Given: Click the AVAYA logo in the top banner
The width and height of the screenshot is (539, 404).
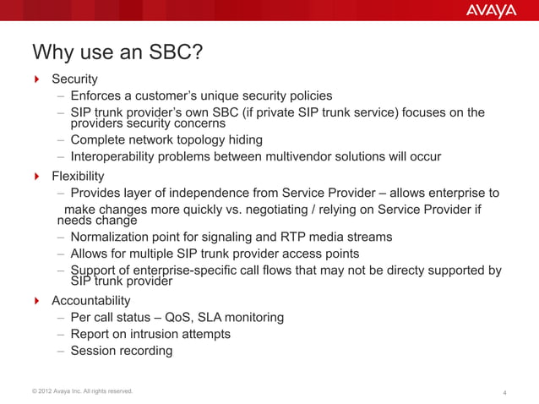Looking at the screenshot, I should pos(491,12).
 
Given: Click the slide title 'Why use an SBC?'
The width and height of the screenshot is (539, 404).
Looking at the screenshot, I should pos(117,52).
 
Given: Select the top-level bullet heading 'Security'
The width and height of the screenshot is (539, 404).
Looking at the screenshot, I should pos(74,79).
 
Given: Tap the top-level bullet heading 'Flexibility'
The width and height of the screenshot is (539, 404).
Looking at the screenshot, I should pos(78,176).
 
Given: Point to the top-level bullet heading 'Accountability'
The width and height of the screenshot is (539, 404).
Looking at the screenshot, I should pos(91,300).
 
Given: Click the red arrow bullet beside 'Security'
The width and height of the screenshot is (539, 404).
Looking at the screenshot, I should pos(37,79).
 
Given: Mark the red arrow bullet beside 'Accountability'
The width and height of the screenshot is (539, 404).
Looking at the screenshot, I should pos(37,300).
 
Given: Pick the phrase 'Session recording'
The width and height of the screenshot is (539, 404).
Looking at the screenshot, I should pos(122,351).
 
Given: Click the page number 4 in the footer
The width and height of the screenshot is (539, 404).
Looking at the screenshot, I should pos(504,392).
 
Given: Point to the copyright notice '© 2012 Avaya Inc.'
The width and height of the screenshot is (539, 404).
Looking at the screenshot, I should pos(62,390).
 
